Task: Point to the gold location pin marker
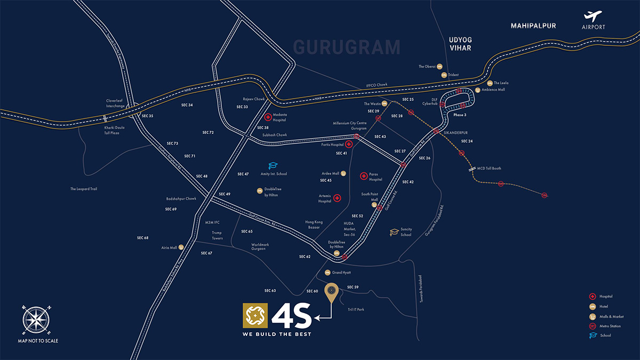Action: pyautogui.click(x=332, y=292)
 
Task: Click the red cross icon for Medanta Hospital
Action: pyautogui.click(x=268, y=117)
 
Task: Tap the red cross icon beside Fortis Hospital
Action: pyautogui.click(x=349, y=144)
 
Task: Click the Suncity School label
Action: pyautogui.click(x=406, y=232)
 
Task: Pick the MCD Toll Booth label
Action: pyautogui.click(x=489, y=169)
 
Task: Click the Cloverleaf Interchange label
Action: pyautogui.click(x=115, y=103)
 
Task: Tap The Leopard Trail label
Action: pyautogui.click(x=84, y=189)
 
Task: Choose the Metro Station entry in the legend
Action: pyautogui.click(x=610, y=326)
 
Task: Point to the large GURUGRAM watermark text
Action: pyautogui.click(x=347, y=47)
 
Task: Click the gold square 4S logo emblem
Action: pyautogui.click(x=255, y=316)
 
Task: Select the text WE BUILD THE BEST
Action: pyautogui.click(x=277, y=334)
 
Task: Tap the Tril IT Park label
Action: pyautogui.click(x=355, y=309)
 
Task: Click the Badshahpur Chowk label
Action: pyautogui.click(x=181, y=199)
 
